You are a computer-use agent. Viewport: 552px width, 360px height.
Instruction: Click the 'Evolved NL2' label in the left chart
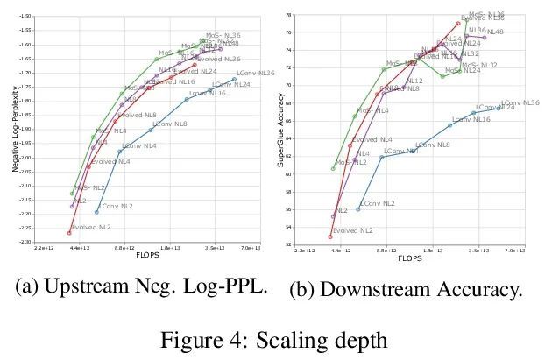(x=91, y=228)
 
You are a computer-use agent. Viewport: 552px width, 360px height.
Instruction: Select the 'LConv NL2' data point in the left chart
(x=96, y=212)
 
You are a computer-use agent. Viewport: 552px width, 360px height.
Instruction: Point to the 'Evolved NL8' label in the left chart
(x=137, y=115)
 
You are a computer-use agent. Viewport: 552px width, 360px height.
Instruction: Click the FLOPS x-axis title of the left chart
(x=147, y=255)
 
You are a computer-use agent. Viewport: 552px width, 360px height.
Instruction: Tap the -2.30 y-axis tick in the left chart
(x=30, y=242)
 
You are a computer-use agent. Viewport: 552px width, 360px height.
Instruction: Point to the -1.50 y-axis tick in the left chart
(x=30, y=17)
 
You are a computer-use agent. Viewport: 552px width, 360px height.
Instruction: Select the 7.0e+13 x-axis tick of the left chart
(x=251, y=248)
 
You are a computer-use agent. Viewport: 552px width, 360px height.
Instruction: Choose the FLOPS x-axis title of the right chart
(x=410, y=258)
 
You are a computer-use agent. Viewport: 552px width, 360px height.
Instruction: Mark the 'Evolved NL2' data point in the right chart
(x=330, y=236)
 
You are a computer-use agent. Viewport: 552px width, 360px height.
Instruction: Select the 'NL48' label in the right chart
(x=495, y=32)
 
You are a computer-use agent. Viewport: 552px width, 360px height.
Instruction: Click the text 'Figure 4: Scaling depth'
(x=274, y=336)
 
